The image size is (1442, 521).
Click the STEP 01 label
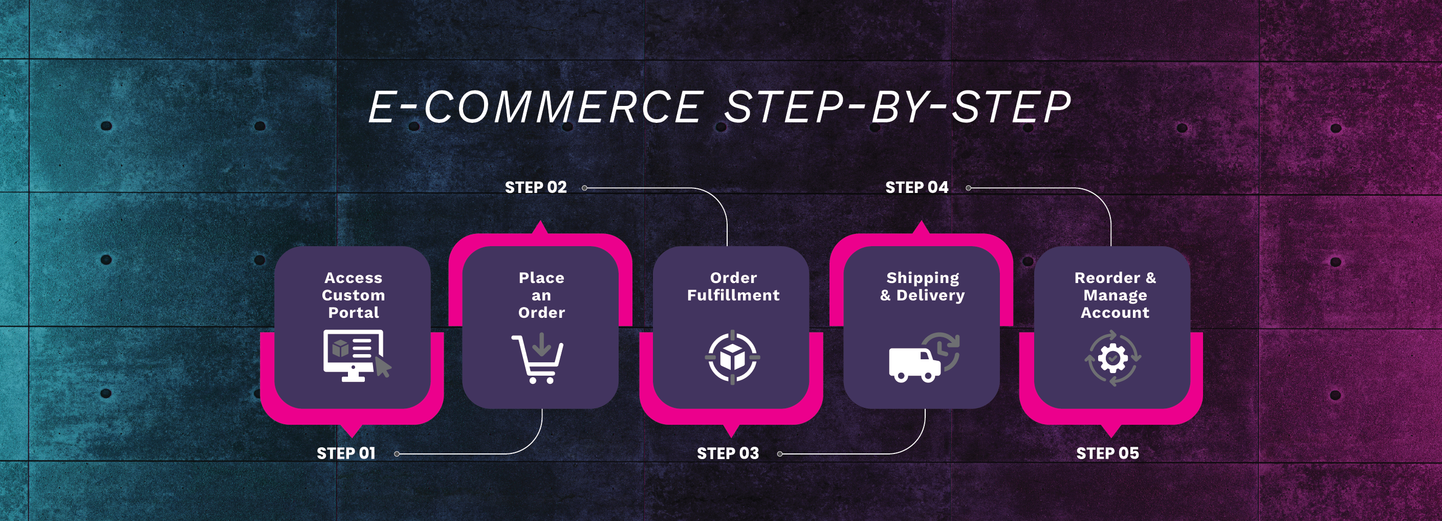coord(346,453)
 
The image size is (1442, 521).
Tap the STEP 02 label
coord(536,187)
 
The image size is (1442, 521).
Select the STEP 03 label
coord(728,453)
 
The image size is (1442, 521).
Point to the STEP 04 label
coord(916,187)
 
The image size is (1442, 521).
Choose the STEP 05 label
coord(1107,453)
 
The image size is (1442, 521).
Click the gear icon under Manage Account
coord(1112,358)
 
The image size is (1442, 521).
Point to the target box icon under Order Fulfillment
coord(732,357)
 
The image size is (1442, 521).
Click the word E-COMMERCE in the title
coord(535,107)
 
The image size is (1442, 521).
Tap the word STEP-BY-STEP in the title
coord(898,107)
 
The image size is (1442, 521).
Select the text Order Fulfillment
coord(733,287)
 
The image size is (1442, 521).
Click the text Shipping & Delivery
coord(923,287)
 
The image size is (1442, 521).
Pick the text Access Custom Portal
coord(353,295)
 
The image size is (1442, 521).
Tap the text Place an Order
coord(541,295)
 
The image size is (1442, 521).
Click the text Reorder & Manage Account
coord(1115,295)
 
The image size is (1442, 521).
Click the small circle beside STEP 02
coord(584,188)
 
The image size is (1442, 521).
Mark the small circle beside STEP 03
coord(780,454)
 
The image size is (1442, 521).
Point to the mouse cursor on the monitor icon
coord(383,367)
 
